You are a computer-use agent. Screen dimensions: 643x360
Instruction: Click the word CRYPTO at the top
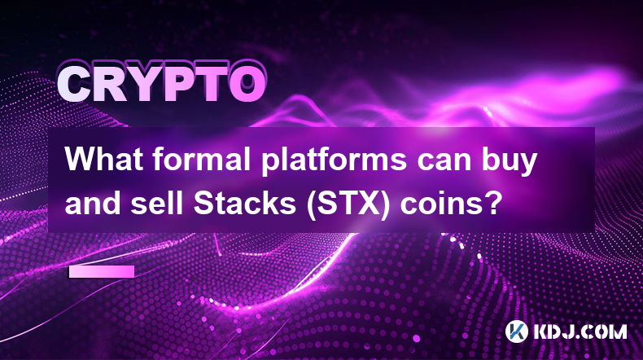162,84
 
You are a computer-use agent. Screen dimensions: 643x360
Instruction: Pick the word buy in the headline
509,163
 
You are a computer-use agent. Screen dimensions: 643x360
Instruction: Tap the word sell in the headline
157,202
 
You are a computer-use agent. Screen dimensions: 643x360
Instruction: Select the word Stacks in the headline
245,202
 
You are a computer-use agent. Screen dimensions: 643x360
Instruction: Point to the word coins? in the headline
451,202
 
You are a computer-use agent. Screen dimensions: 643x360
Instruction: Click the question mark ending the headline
494,202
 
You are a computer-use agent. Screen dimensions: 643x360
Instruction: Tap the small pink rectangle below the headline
102,271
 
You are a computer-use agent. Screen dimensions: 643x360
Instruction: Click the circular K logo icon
516,331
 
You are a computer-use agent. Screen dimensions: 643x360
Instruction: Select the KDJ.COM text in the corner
580,331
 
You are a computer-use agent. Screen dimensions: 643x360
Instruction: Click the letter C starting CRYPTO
76,84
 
